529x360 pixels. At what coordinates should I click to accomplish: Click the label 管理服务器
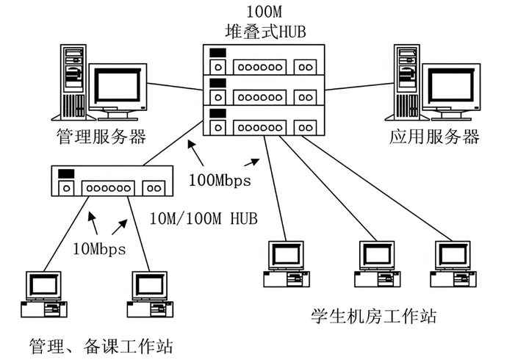(101, 137)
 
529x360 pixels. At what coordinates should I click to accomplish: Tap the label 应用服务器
(434, 137)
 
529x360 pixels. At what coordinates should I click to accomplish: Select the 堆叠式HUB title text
(265, 32)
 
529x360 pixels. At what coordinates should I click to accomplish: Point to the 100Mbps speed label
(220, 180)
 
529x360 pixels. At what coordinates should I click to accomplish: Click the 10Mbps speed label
(99, 249)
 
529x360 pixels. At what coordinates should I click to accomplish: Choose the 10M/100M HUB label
(204, 218)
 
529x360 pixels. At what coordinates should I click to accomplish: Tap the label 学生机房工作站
(373, 316)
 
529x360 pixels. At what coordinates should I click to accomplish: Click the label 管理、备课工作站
(101, 346)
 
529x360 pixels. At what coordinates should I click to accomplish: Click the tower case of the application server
(407, 82)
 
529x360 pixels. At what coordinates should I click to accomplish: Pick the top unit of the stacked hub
(264, 60)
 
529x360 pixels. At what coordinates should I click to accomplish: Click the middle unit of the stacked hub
(264, 90)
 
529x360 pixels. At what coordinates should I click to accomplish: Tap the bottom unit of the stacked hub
(264, 120)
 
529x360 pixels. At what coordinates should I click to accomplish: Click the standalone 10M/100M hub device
(112, 181)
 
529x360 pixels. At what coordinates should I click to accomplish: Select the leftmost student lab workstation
(287, 264)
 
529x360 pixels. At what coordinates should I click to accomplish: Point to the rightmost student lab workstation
(453, 264)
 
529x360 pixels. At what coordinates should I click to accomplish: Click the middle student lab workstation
(377, 264)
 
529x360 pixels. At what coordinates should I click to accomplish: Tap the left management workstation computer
(44, 294)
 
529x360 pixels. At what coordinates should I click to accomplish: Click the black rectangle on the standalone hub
(66, 174)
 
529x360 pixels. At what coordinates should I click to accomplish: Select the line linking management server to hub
(175, 87)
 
